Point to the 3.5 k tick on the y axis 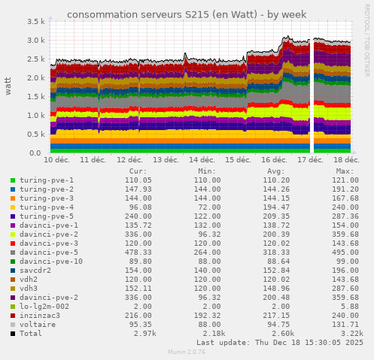tap(35, 22)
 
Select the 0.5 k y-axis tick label tap(35, 135)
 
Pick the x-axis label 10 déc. tap(58, 160)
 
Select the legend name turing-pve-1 tap(47, 180)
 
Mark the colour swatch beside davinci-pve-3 tap(13, 244)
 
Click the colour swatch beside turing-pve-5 tap(13, 216)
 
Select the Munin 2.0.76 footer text tap(186, 351)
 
